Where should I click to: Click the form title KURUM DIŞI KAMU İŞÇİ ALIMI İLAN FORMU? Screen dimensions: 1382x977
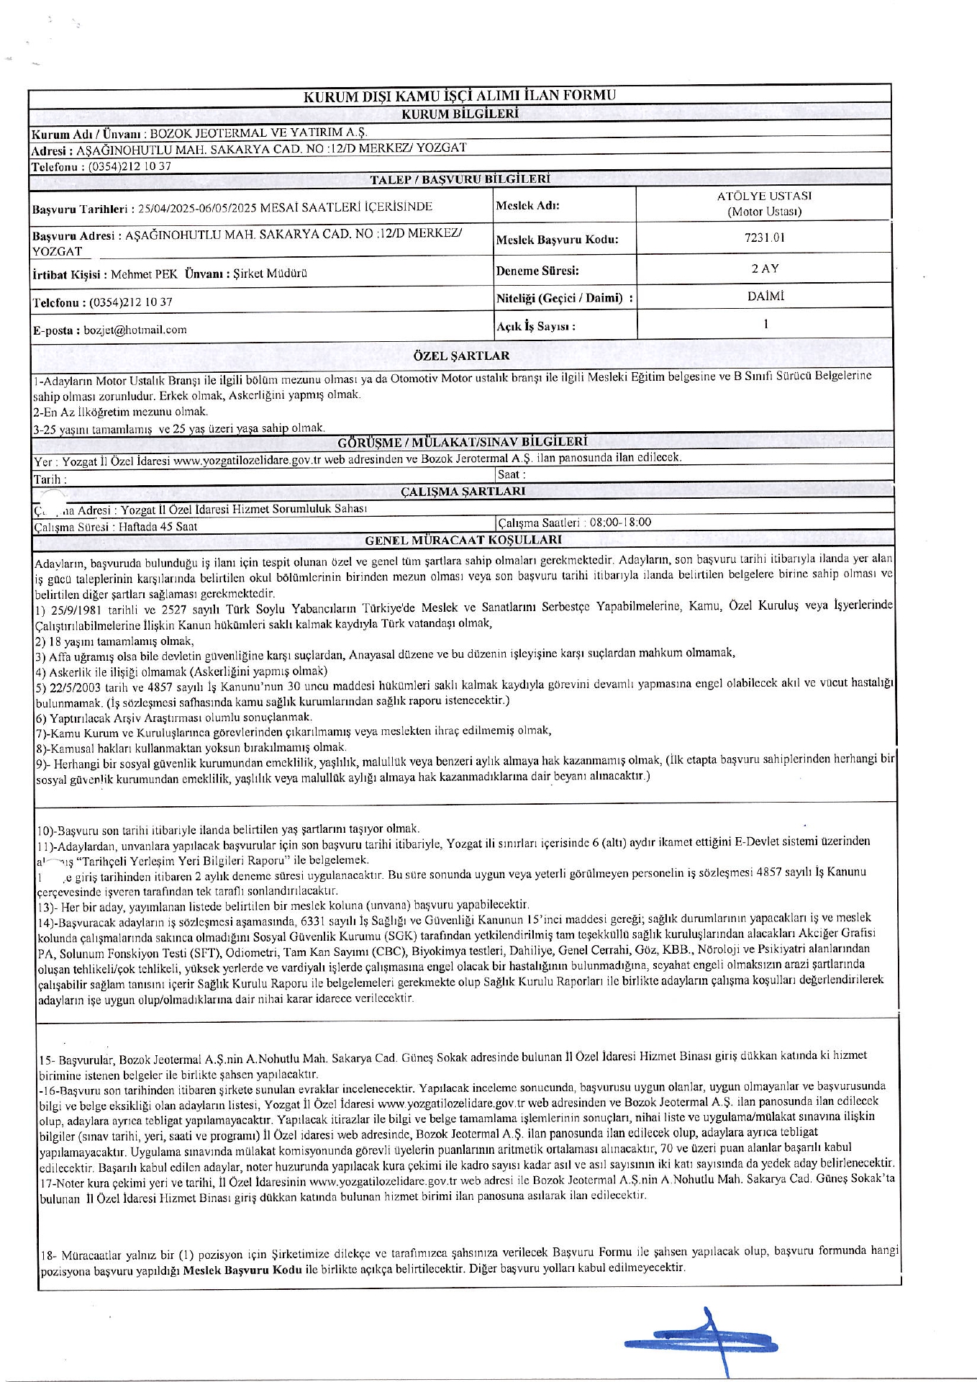click(459, 96)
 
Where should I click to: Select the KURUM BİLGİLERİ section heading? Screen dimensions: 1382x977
click(459, 114)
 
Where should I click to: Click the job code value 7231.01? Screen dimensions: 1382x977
click(764, 238)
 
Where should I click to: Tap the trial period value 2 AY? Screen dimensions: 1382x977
click(765, 268)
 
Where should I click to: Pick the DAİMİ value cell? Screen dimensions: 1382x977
click(765, 296)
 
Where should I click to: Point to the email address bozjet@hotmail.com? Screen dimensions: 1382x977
click(135, 330)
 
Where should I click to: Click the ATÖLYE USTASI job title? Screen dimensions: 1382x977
click(764, 196)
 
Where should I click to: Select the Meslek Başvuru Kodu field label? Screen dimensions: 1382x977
click(557, 240)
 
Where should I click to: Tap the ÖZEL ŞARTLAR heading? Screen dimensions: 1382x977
click(461, 356)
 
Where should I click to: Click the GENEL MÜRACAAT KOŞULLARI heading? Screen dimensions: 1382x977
click(463, 540)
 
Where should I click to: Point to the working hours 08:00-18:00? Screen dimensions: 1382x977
click(620, 523)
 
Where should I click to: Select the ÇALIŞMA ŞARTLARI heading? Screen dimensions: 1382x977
click(463, 492)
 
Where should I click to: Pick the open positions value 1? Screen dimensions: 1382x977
click(765, 324)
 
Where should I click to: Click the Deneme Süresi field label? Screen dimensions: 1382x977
click(537, 271)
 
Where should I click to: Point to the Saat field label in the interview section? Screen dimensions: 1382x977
click(512, 474)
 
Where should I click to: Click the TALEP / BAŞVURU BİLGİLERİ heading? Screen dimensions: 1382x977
click(460, 179)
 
